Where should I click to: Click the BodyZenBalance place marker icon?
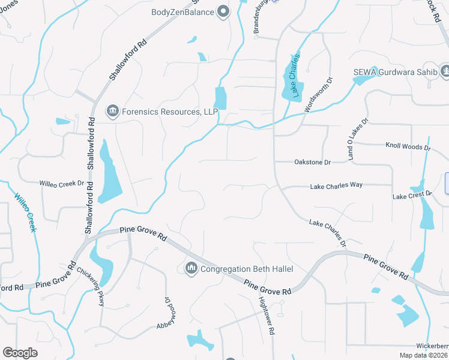(223, 11)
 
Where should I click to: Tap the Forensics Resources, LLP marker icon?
(112, 111)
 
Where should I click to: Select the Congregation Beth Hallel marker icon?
(191, 268)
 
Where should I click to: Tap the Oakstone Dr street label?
(312, 162)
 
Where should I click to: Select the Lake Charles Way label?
(336, 186)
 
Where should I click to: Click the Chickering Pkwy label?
(91, 286)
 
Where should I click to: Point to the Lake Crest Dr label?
(412, 195)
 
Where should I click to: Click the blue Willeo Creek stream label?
(25, 213)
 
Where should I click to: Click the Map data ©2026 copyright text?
(423, 355)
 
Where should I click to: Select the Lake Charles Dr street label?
(328, 233)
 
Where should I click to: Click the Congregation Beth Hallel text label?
(241, 269)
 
